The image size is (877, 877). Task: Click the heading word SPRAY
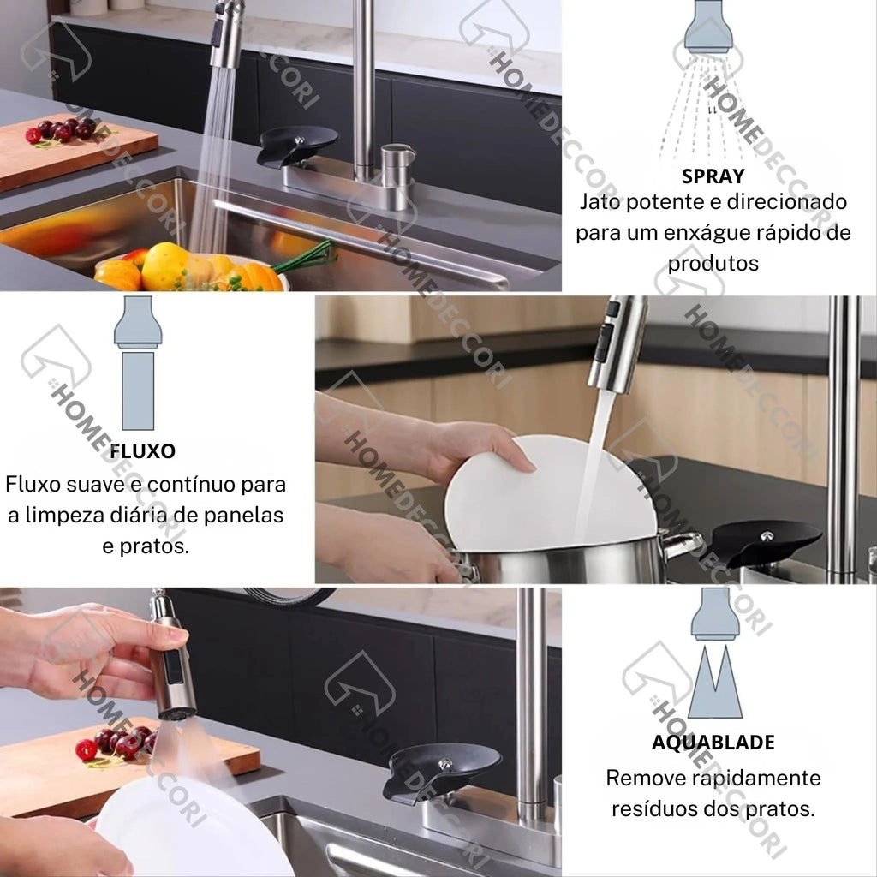pos(713,176)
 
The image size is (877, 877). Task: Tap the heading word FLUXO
pos(143,450)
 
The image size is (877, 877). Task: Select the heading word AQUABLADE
pos(713,743)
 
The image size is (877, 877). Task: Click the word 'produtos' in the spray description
pos(713,264)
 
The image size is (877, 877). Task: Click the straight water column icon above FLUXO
pos(138,391)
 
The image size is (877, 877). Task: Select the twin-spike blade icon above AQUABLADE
pos(715,681)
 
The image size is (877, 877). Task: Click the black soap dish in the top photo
pos(297,146)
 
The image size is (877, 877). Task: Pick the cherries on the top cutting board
pos(62,131)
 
